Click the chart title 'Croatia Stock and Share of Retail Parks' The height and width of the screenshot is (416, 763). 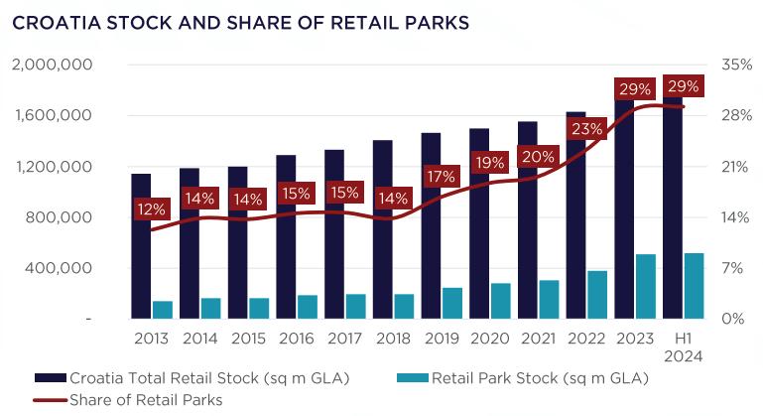(x=239, y=23)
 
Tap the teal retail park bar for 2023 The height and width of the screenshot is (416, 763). (x=645, y=287)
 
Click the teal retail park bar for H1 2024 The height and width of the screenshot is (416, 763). (x=694, y=286)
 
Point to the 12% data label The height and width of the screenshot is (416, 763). (x=153, y=208)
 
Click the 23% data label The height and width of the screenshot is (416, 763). (x=586, y=129)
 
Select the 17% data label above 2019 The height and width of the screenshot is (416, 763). (x=442, y=177)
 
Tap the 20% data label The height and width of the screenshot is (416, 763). (x=538, y=156)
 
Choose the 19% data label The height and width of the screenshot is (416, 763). (x=489, y=162)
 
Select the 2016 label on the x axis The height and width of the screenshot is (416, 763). (x=296, y=339)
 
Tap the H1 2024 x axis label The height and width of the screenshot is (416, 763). (x=683, y=347)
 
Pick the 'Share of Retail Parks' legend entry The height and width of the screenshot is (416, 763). (x=145, y=399)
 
